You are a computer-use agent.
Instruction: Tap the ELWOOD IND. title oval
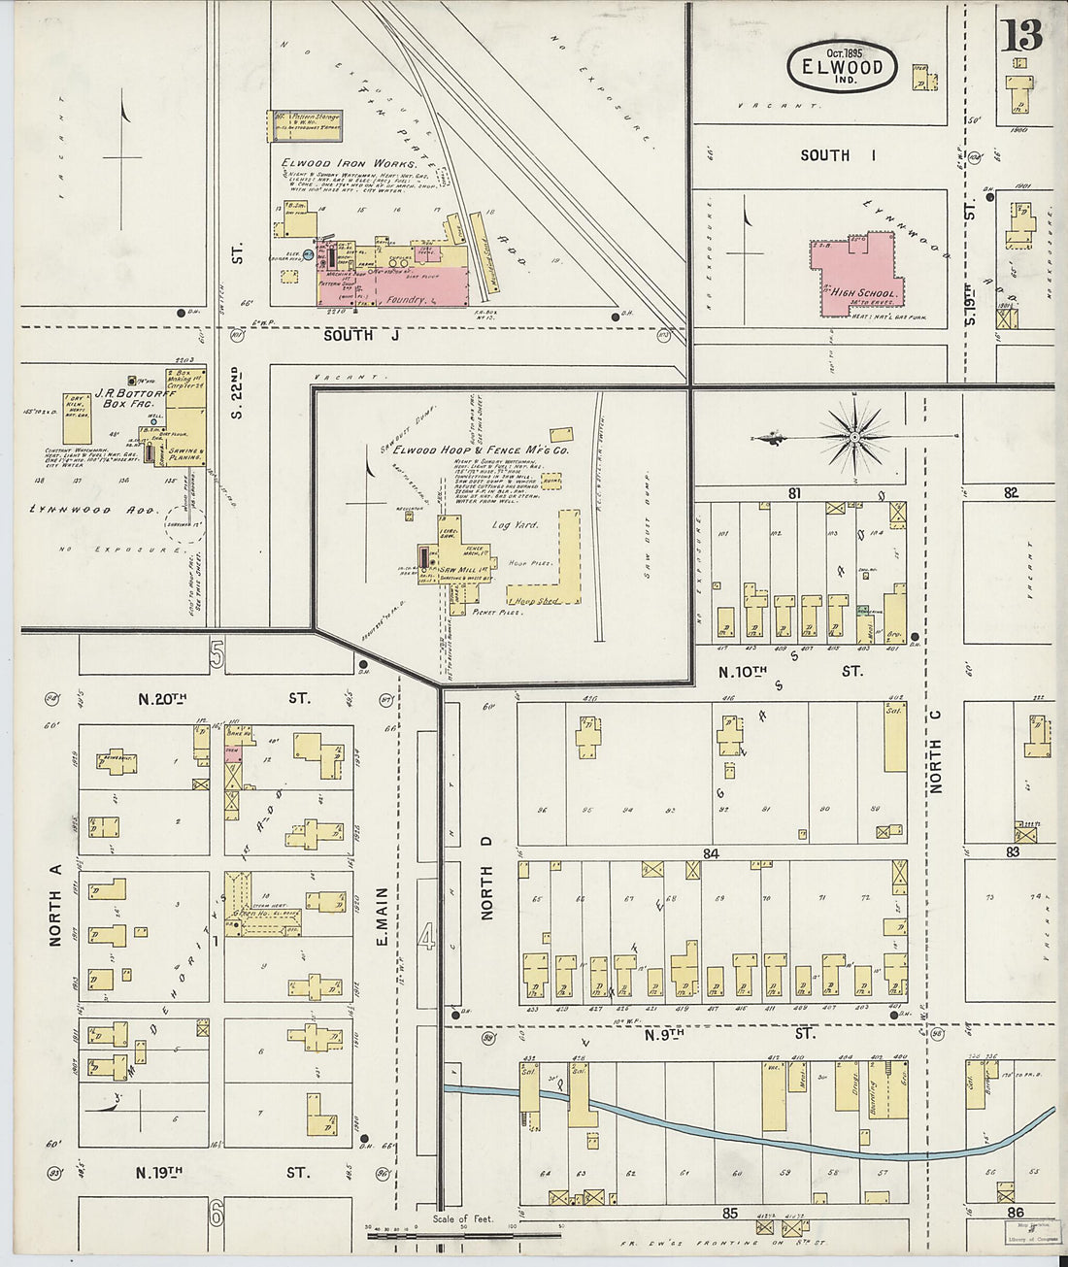click(841, 66)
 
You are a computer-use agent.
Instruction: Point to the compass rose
click(854, 438)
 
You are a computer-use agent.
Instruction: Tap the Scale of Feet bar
click(463, 1235)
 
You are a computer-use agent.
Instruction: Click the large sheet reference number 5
click(217, 657)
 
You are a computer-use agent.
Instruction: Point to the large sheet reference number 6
click(217, 1212)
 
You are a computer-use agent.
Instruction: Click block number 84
click(712, 853)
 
